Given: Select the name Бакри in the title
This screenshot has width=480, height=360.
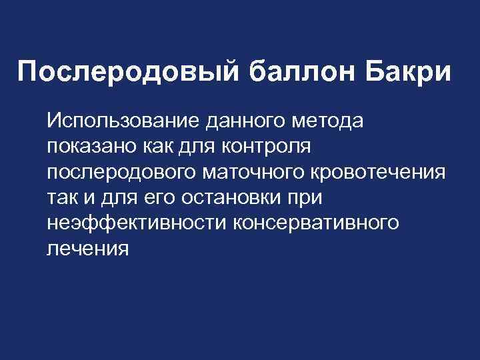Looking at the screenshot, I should (408, 72).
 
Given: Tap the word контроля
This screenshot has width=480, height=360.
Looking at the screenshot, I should (275, 147).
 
